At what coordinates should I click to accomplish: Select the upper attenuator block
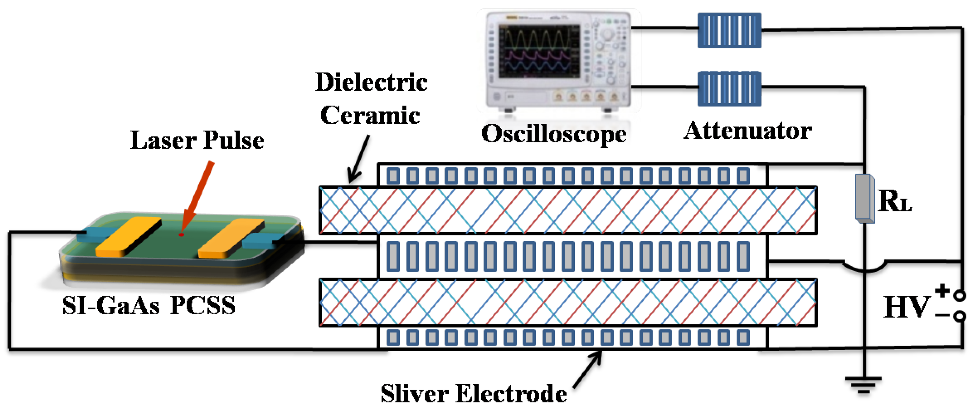point(729,30)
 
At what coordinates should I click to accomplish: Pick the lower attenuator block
point(729,89)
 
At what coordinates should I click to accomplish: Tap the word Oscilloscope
point(553,134)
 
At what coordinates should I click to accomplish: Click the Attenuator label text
point(747,131)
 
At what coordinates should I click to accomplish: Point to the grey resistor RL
point(864,198)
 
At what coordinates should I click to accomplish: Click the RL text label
point(895,201)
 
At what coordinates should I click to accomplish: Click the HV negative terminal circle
point(960,316)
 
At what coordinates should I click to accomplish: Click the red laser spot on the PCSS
point(181,235)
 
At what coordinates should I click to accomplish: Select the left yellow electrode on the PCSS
point(128,237)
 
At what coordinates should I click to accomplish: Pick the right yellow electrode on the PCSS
point(231,238)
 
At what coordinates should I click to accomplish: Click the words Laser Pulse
point(197,140)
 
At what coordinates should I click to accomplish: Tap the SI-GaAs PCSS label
point(148,305)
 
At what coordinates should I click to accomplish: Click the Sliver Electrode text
point(473,394)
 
